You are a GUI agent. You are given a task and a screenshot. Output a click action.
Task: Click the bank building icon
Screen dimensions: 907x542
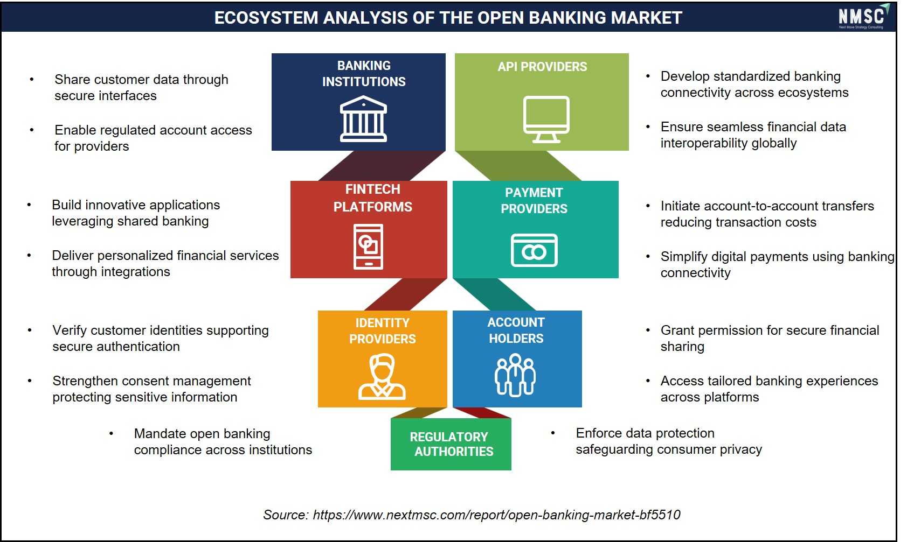[363, 119]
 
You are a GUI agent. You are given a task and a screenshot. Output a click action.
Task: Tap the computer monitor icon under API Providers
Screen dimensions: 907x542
[546, 119]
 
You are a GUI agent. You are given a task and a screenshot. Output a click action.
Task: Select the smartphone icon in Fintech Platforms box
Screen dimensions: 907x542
[368, 247]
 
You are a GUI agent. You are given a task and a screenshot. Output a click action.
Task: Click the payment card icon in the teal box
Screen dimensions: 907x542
[534, 250]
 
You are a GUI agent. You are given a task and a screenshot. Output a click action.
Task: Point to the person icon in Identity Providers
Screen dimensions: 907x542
[382, 377]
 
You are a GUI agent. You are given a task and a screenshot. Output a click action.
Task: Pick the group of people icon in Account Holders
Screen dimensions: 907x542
[515, 375]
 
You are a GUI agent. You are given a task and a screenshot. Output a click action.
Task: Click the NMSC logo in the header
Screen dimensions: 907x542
[863, 17]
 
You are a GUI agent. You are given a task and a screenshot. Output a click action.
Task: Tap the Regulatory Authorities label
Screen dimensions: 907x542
[451, 444]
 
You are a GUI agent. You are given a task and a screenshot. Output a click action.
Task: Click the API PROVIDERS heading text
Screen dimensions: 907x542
[542, 66]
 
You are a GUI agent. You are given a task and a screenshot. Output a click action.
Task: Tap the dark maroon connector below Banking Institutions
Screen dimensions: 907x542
[382, 166]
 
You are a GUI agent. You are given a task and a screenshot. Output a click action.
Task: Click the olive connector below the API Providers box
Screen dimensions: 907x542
[518, 166]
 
